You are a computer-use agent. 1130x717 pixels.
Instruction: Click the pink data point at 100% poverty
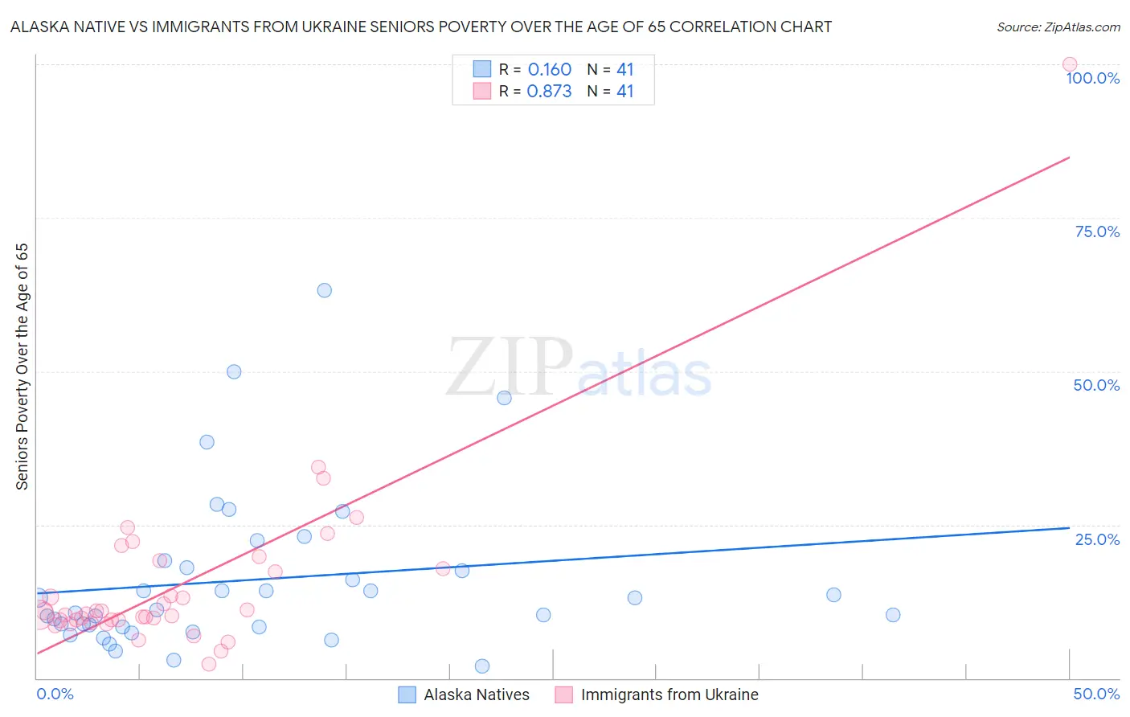pos(1069,64)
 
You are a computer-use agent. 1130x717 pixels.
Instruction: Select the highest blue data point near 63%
pos(324,290)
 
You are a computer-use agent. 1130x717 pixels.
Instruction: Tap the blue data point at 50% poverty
pos(234,371)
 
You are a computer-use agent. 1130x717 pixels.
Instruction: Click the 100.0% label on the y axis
pos(1092,78)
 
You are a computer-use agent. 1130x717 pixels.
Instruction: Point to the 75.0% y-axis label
pos(1097,231)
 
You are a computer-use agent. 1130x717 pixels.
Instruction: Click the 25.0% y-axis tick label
pos(1097,539)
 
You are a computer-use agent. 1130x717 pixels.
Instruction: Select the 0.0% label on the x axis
pos(55,694)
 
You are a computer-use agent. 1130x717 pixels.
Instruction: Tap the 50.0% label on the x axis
pos(1096,694)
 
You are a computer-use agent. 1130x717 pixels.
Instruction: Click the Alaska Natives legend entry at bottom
pos(476,694)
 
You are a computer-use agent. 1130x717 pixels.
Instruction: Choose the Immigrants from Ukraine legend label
pos(669,694)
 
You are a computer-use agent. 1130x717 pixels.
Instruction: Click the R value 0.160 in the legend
pos(549,70)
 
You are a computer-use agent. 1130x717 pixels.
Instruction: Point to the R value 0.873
pos(549,92)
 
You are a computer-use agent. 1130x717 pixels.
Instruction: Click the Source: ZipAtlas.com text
pos(1058,27)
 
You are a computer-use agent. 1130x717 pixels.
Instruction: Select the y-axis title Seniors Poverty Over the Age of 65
pos(23,367)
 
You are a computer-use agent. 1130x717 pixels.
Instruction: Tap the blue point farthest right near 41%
pos(892,615)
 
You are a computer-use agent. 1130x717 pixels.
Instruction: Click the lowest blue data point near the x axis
pos(481,666)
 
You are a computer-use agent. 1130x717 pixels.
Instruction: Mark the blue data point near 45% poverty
pos(504,398)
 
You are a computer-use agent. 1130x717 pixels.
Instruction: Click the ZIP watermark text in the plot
pos(510,368)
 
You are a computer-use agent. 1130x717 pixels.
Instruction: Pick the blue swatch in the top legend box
pos(481,69)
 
